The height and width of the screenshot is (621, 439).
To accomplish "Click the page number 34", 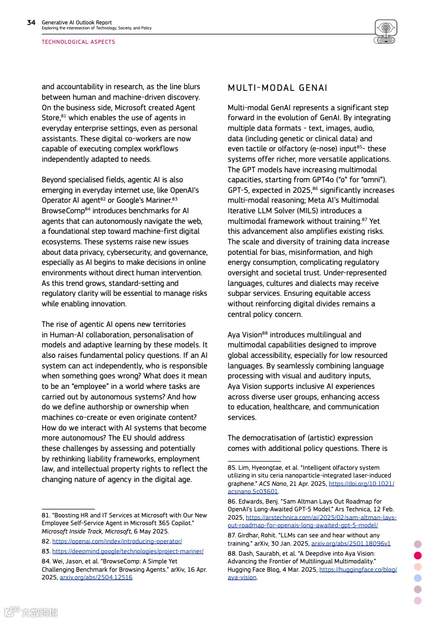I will [31, 23].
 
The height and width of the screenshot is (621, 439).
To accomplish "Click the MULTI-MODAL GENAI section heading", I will [277, 88].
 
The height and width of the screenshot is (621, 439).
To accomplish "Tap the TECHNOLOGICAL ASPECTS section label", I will [78, 42].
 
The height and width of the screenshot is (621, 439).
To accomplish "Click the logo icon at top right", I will [386, 32].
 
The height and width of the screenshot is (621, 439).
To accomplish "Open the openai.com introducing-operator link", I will [117, 541].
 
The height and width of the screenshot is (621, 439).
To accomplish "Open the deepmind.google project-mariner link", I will [128, 551].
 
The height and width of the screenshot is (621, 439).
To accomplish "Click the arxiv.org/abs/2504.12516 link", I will [96, 577].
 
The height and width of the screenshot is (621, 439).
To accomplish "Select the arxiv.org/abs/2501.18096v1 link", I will [350, 543].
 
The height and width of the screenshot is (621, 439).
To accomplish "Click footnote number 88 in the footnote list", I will [232, 553].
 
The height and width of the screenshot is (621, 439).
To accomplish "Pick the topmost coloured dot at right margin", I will [418, 544].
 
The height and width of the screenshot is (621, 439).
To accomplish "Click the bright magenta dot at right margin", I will [418, 555].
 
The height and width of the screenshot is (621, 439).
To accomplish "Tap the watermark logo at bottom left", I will [30, 612].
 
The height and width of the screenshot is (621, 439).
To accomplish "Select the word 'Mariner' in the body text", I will [183, 201].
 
